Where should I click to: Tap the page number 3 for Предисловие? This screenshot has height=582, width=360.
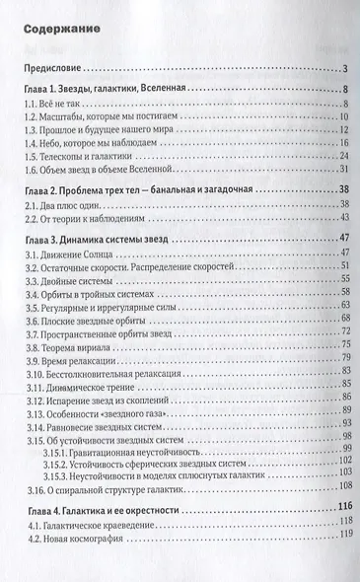click(x=338, y=68)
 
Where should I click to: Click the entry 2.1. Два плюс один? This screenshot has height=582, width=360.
click(x=58, y=206)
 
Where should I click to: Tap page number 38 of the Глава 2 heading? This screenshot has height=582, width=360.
click(x=334, y=191)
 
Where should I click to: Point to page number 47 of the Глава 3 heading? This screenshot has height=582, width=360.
click(x=334, y=239)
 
